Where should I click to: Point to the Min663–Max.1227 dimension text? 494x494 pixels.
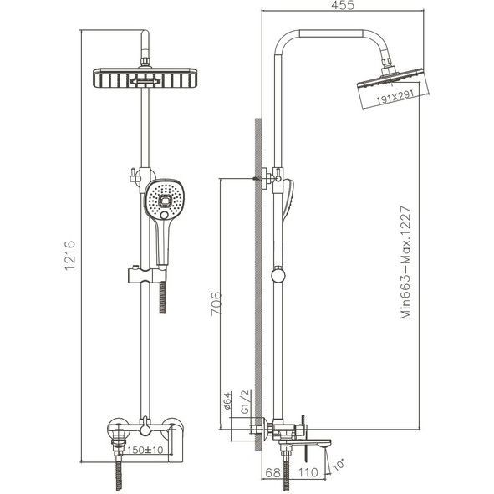coord(408,262)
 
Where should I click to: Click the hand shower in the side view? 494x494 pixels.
coord(289,209)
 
